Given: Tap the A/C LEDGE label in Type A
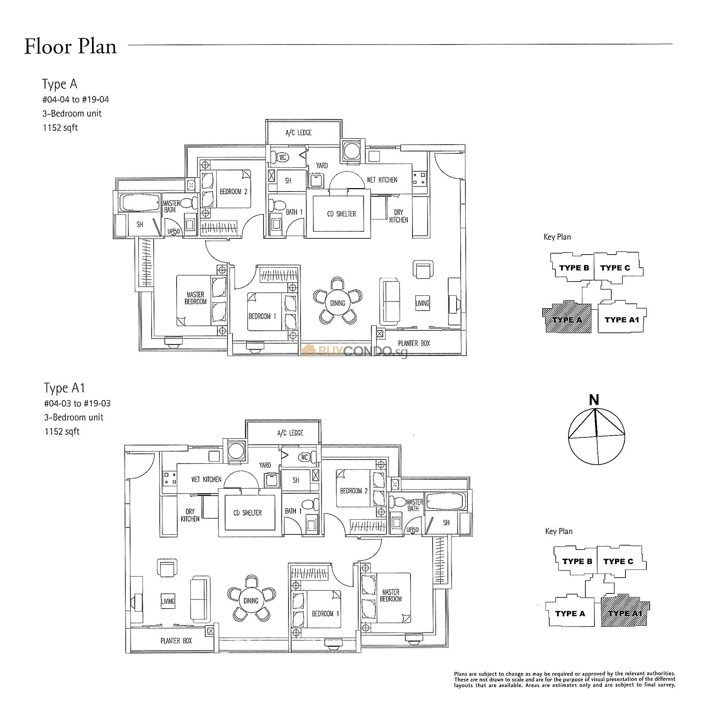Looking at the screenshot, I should point(298,133).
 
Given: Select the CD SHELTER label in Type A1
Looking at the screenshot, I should point(247,513).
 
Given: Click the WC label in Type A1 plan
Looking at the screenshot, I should point(304,457).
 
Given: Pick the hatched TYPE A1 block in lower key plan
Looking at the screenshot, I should point(625,613).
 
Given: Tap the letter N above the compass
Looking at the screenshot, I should point(594,400).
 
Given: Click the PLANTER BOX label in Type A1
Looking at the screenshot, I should point(176,641).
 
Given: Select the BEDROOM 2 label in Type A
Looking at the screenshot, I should point(233,192).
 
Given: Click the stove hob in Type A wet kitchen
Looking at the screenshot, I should point(420,179).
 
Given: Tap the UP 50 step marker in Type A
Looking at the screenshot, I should point(174,231).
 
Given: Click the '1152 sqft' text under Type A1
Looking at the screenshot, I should point(62,431).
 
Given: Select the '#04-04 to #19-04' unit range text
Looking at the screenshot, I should point(75,99).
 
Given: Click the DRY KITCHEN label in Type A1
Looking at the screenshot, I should point(190,515).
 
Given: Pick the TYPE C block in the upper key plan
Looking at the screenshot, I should point(615,268).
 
